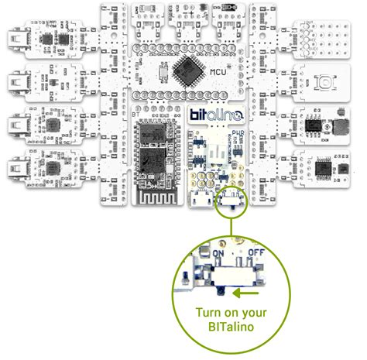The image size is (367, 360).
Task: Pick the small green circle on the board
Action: point(230,205)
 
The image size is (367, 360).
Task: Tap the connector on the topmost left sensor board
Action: point(18,38)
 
